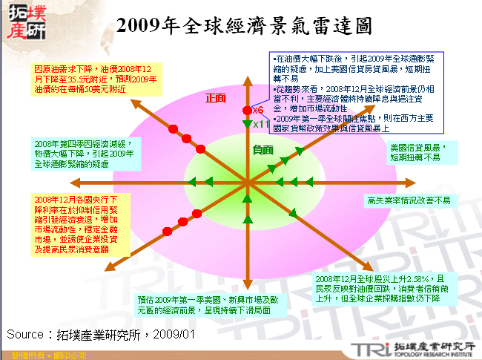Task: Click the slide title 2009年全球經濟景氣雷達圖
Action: [x=245, y=27]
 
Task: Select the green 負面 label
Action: [x=262, y=149]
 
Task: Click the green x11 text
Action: [x=260, y=124]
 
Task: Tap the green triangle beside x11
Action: [x=248, y=123]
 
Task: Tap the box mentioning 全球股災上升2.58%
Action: [x=389, y=288]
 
